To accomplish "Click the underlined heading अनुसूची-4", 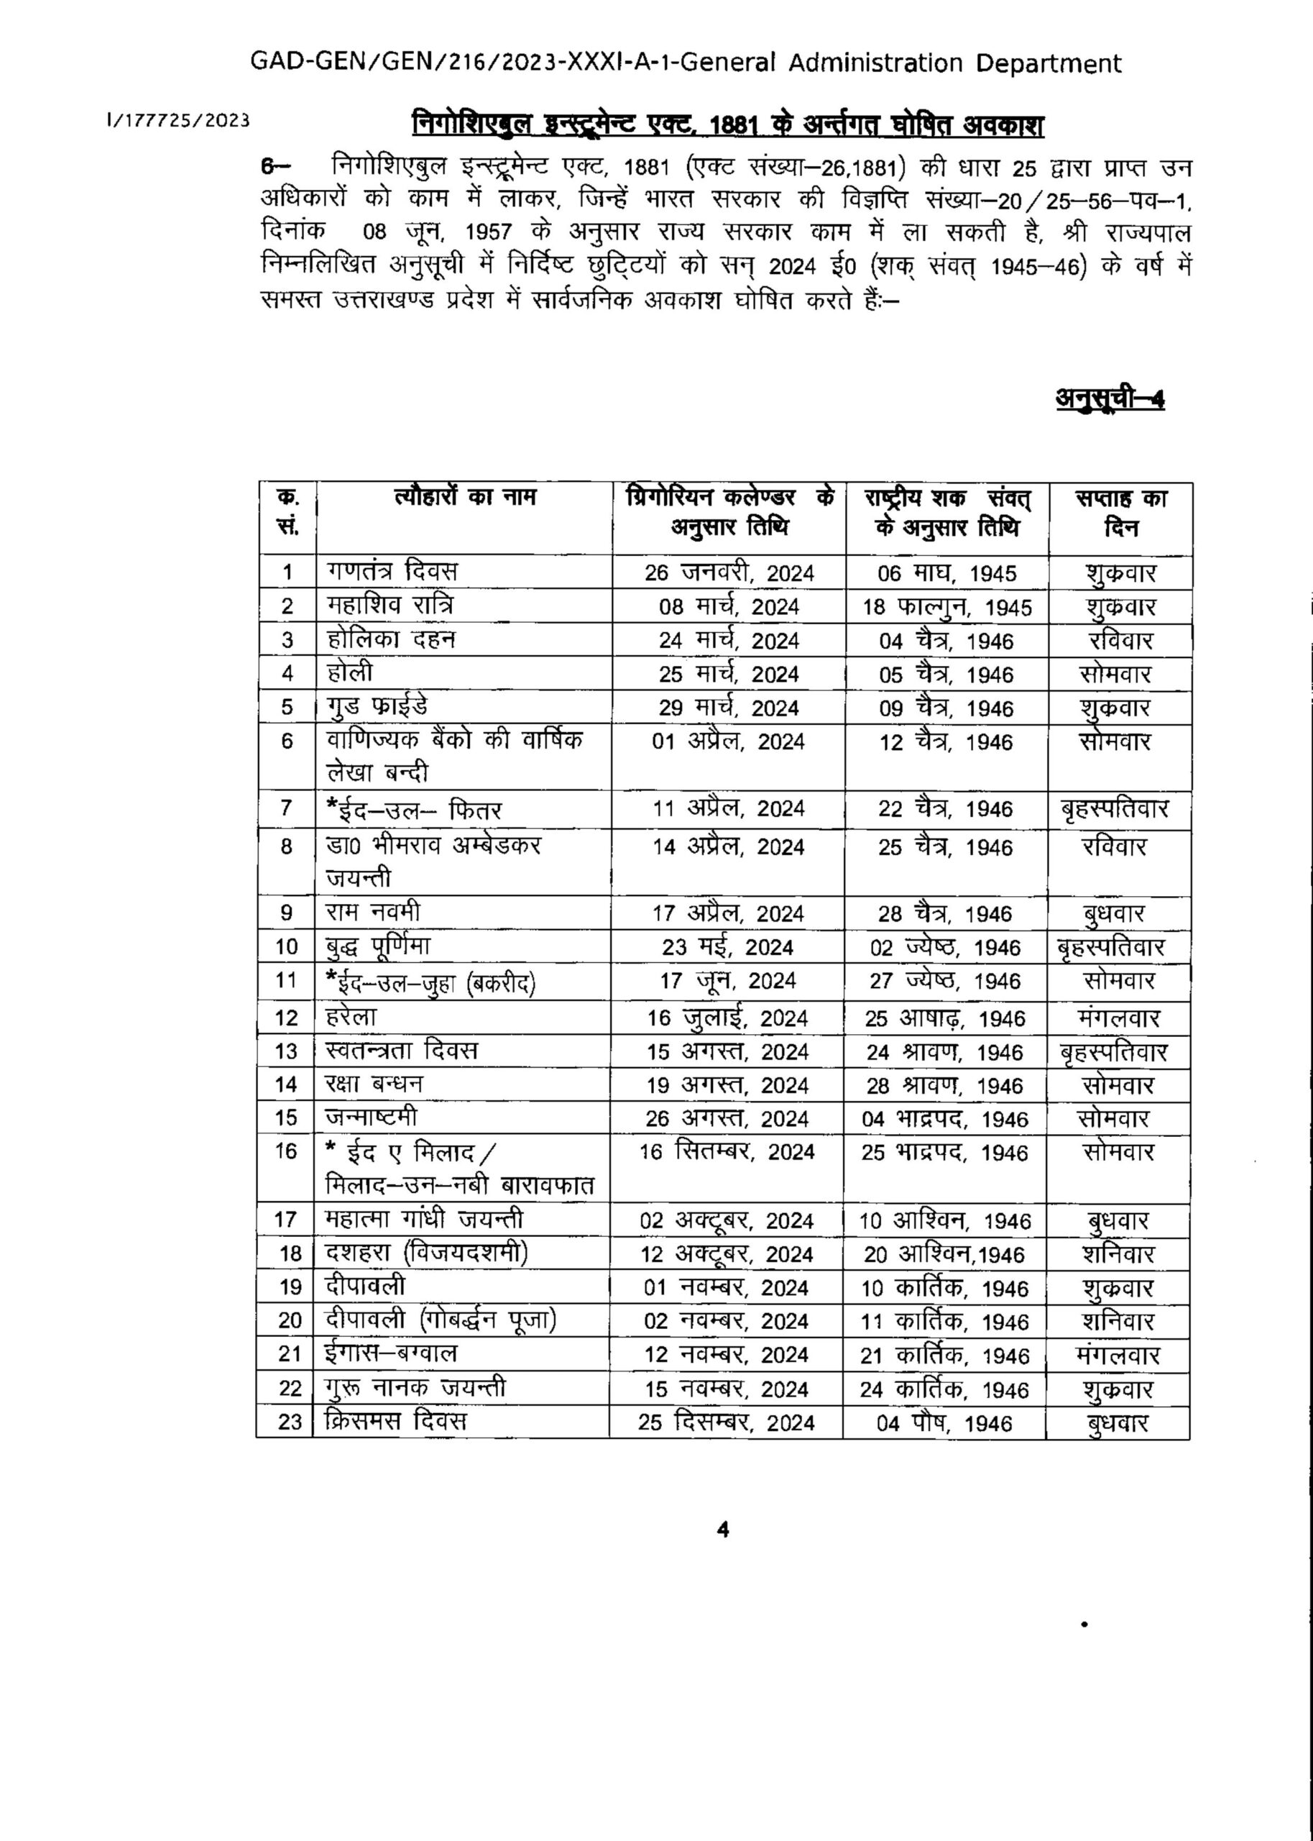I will tap(1110, 399).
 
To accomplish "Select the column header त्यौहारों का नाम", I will tap(465, 497).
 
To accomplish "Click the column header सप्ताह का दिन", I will tap(1120, 513).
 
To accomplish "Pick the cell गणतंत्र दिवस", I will tap(392, 571).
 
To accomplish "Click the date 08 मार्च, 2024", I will tap(729, 607).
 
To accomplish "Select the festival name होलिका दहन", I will tap(391, 640).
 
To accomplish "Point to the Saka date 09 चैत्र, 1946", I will tap(946, 708).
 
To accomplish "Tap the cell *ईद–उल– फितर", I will tap(414, 810).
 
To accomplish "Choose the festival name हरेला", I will tap(351, 1017).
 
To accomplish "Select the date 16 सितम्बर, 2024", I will tap(727, 1152).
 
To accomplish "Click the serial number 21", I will tap(290, 1354).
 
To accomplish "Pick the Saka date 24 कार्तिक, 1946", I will tap(944, 1389).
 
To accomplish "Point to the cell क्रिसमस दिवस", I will tap(395, 1421).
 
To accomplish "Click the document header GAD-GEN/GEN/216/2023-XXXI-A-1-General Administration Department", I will tap(686, 63).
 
